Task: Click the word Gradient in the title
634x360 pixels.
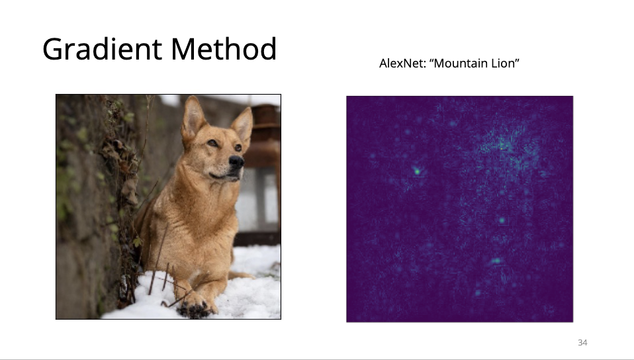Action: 103,50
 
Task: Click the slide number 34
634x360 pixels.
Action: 582,343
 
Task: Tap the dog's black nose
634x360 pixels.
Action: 236,161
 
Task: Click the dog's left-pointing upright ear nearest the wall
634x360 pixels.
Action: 193,118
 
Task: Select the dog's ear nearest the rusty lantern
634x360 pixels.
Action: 243,123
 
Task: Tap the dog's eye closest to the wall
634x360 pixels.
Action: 212,143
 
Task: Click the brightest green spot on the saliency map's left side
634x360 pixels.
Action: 417,171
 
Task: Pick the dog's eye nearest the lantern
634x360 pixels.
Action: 238,148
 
